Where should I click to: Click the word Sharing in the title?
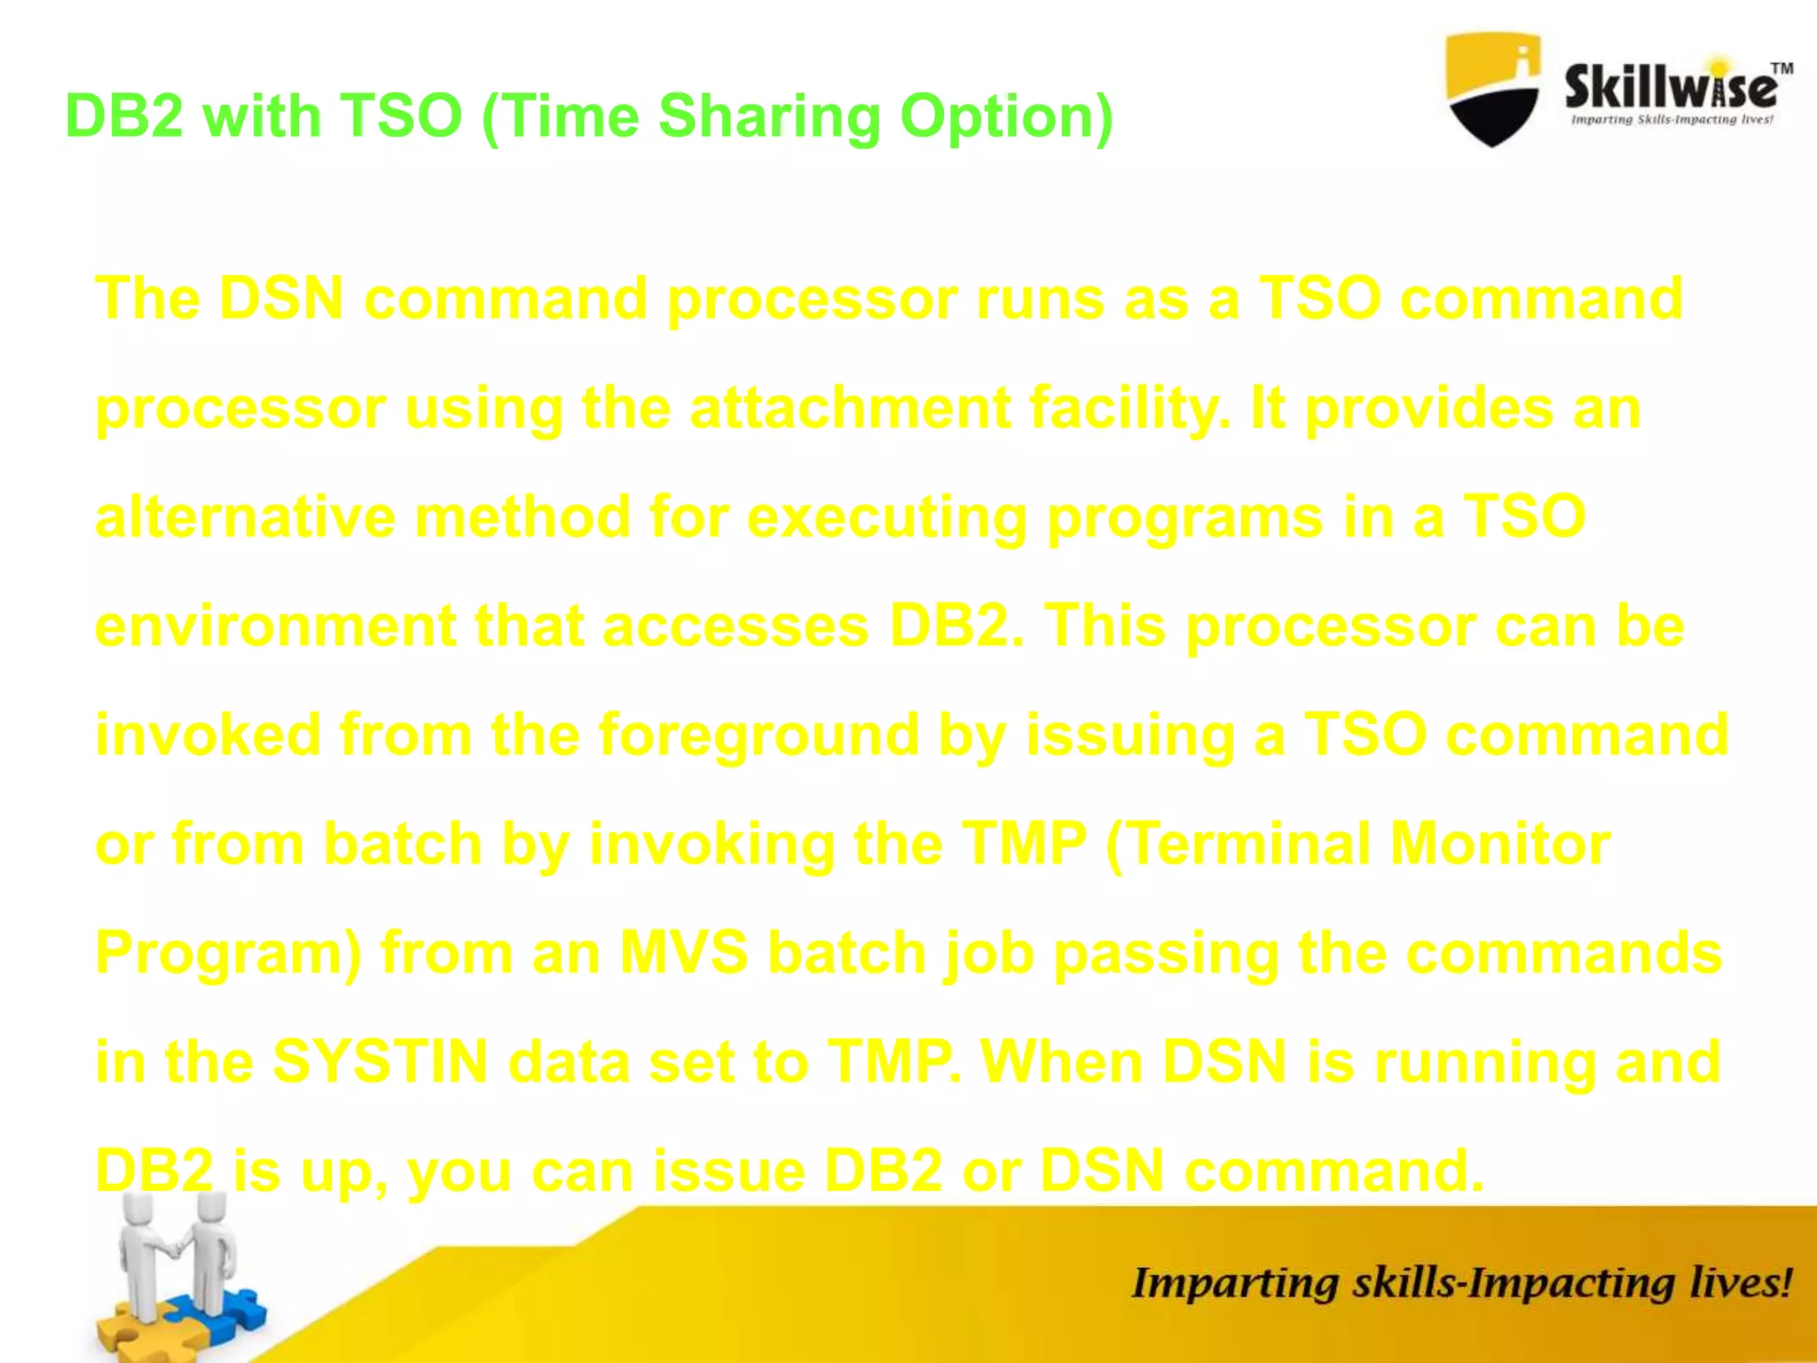(x=768, y=118)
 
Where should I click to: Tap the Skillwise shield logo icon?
(x=1493, y=89)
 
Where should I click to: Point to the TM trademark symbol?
(x=1782, y=68)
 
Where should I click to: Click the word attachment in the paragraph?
(x=850, y=408)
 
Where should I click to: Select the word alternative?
(x=245, y=517)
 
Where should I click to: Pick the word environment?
(x=275, y=627)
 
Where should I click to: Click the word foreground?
(x=759, y=737)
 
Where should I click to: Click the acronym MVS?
(x=683, y=953)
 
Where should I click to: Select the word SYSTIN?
(x=380, y=1062)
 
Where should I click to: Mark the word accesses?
(x=735, y=627)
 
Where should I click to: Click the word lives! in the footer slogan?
(x=1739, y=1284)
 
